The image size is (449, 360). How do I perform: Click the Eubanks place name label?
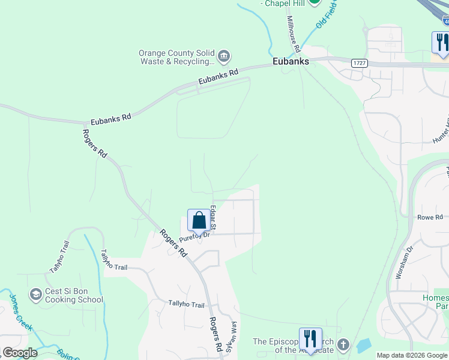tap(291, 61)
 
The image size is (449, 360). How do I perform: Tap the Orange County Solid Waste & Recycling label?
tap(176, 57)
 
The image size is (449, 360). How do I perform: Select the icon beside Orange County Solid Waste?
tap(223, 57)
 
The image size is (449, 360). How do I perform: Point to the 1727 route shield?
tap(360, 62)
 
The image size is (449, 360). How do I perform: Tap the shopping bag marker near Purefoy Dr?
tap(199, 220)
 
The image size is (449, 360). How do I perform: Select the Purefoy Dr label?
tap(194, 235)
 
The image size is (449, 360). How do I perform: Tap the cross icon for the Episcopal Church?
tap(343, 345)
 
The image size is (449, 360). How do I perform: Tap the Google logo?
tap(20, 353)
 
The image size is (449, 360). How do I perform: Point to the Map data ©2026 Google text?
tap(412, 355)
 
